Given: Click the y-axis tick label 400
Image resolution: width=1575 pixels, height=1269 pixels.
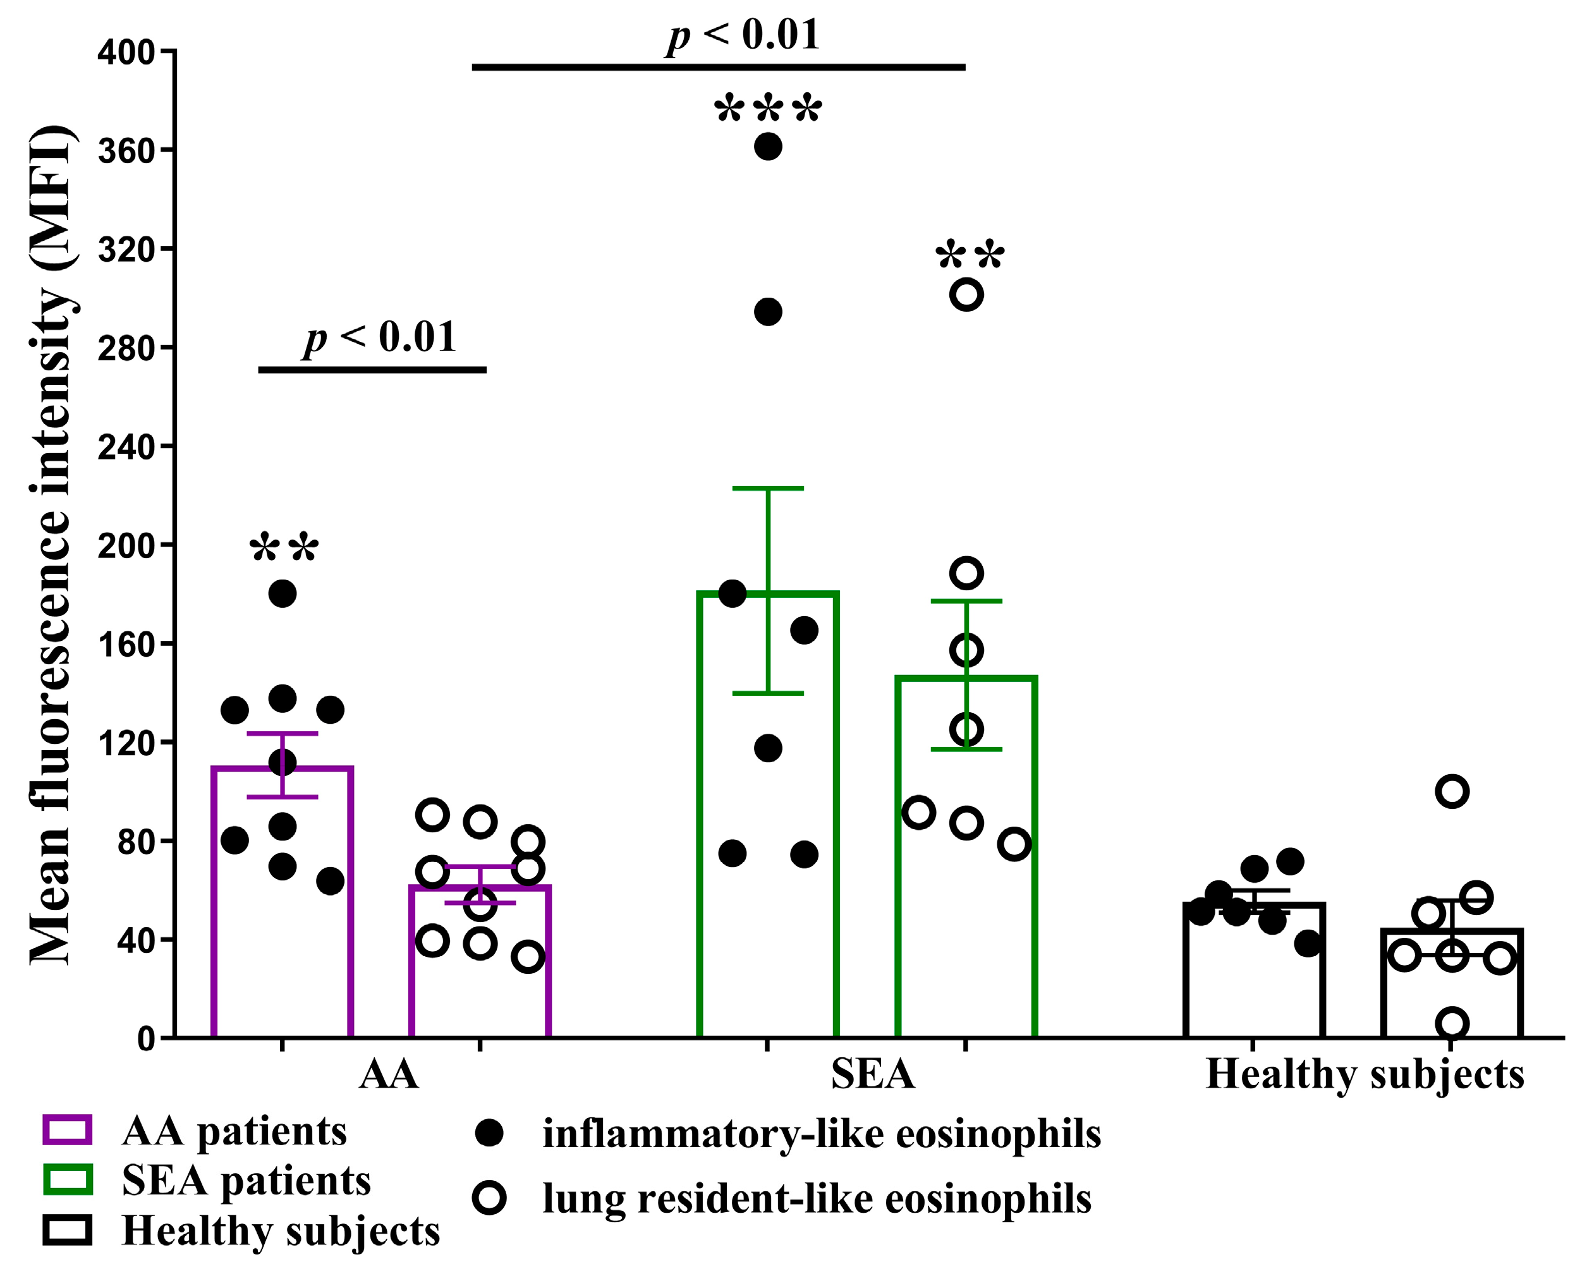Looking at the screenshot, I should pyautogui.click(x=126, y=52).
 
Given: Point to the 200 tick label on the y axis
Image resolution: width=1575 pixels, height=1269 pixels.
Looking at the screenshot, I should pyautogui.click(x=126, y=546).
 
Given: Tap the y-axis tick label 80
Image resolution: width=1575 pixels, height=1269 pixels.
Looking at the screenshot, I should pyautogui.click(x=136, y=842).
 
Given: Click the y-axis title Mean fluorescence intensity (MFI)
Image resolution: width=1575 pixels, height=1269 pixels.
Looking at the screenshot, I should pyautogui.click(x=51, y=545).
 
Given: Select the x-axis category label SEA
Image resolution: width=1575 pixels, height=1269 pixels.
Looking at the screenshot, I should pyautogui.click(x=873, y=1074).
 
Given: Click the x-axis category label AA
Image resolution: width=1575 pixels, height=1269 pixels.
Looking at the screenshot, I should pyautogui.click(x=389, y=1074).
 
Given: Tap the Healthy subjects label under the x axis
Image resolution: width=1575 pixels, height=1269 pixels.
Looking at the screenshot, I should pyautogui.click(x=1365, y=1074).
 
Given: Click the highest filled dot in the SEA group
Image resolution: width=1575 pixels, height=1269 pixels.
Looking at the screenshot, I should pyautogui.click(x=767, y=146).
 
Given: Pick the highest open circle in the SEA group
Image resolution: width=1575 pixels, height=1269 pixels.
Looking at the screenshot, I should pyautogui.click(x=966, y=294).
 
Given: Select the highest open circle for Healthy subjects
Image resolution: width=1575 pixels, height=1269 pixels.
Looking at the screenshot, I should pyautogui.click(x=1452, y=791).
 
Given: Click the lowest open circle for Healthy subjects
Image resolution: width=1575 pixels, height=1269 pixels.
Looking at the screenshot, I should pyautogui.click(x=1452, y=1023).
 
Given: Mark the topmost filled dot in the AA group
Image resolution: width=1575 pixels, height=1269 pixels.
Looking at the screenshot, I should pyautogui.click(x=282, y=593).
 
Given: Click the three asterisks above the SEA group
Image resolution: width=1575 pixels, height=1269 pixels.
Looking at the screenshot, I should pyautogui.click(x=767, y=110).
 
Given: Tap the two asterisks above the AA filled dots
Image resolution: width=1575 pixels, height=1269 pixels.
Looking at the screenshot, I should pyautogui.click(x=284, y=547).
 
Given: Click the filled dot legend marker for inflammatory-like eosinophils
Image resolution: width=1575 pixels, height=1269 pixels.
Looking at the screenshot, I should pyautogui.click(x=489, y=1134).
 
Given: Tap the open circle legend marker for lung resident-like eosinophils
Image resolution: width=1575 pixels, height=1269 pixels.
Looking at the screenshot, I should pyautogui.click(x=489, y=1198).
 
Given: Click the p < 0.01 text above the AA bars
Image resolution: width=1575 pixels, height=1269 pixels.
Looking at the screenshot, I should pyautogui.click(x=380, y=337).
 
